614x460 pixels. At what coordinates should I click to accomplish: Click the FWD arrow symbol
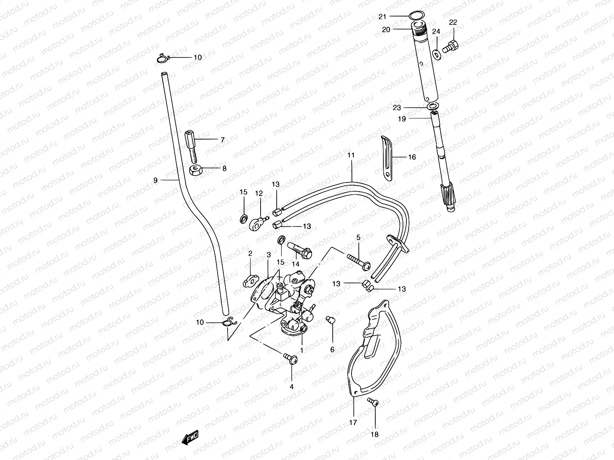coord(190,437)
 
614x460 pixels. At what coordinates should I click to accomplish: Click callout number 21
coord(382,16)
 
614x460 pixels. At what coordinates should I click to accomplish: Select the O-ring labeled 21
coord(415,16)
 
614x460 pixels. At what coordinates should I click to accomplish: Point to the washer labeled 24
coord(437,54)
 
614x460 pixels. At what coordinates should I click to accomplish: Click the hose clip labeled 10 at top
coord(163,58)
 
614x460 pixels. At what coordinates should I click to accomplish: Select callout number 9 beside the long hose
coord(155,180)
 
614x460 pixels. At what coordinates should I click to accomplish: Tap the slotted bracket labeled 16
coord(387,157)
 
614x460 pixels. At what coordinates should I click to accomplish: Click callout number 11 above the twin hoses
coord(351,155)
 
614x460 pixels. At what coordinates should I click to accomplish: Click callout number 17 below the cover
coord(353,422)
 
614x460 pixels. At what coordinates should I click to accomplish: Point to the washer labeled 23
coord(433,106)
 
